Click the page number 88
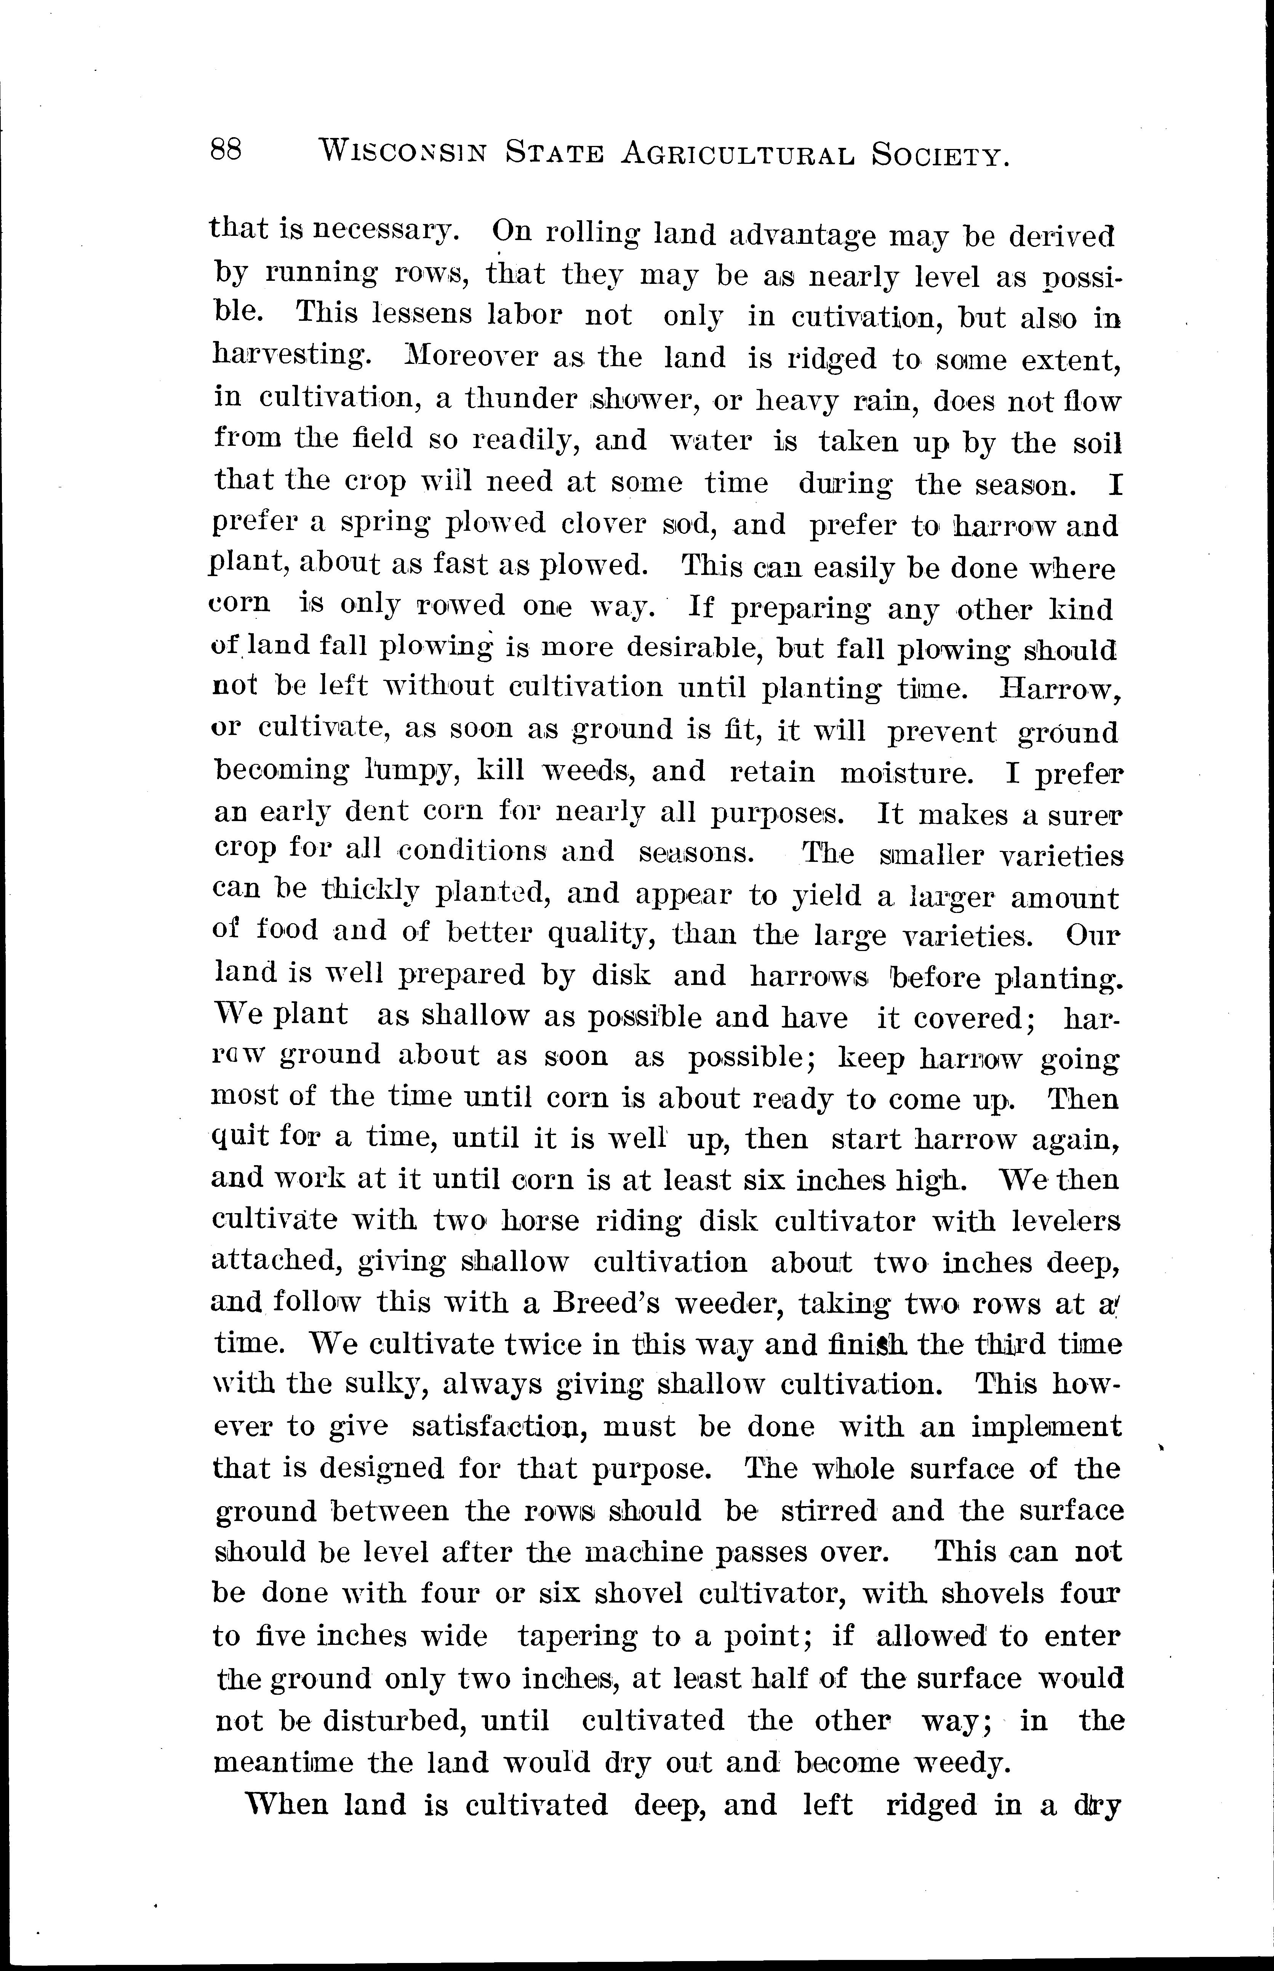point(226,151)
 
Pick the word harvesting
point(288,355)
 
